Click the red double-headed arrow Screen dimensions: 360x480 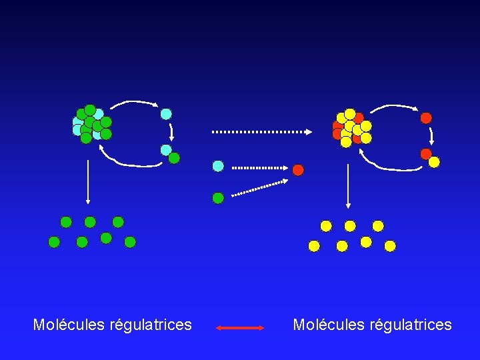click(241, 328)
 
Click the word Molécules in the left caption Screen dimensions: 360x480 click(65, 325)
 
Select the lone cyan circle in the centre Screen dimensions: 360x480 click(218, 165)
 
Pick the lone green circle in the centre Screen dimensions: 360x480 click(218, 197)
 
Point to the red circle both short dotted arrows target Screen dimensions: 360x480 click(298, 170)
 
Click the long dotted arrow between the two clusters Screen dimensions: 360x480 click(261, 132)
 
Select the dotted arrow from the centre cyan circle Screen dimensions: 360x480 click(260, 167)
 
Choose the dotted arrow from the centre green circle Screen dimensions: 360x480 click(260, 187)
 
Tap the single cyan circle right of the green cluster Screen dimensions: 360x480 click(166, 114)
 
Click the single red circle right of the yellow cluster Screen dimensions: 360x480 click(426, 118)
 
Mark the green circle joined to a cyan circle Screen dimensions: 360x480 click(174, 158)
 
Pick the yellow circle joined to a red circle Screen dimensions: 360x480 click(434, 162)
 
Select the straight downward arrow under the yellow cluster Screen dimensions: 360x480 click(347, 183)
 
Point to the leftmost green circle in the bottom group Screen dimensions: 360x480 click(54, 242)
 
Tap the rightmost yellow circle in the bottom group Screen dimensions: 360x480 click(390, 246)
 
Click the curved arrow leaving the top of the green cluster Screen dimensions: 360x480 click(133, 103)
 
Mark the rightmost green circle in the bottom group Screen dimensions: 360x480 click(130, 242)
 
